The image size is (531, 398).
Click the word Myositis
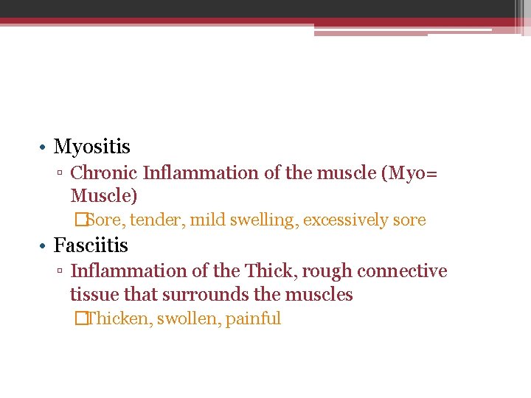coord(91,147)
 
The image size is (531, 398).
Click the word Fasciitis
coord(91,245)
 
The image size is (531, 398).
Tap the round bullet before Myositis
coord(44,147)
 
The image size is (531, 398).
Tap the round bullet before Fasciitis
coord(44,245)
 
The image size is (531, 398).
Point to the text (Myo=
coord(409,173)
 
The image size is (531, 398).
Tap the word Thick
coord(268,271)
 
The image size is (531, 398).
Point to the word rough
coord(325,271)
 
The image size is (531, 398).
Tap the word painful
coord(253,319)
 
